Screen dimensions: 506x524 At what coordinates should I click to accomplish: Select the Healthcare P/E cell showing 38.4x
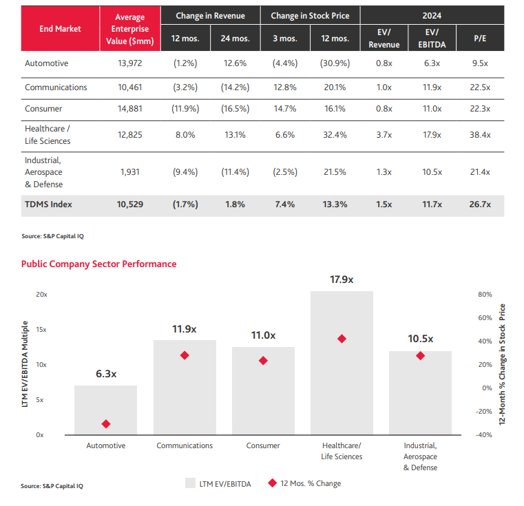(479, 135)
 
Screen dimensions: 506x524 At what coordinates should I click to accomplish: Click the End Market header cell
(60, 29)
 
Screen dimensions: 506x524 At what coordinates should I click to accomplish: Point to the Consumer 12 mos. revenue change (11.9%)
(185, 108)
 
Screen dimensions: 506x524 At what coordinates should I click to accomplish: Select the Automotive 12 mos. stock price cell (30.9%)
(335, 63)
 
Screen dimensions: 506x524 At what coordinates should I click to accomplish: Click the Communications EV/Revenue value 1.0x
(384, 87)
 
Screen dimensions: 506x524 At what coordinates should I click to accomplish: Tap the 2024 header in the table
(432, 15)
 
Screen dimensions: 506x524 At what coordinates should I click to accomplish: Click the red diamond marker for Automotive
(105, 424)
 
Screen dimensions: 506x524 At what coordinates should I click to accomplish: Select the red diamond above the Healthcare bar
(342, 339)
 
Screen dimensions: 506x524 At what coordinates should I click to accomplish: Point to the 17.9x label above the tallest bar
(342, 280)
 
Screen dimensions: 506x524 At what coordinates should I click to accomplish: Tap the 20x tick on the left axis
(42, 294)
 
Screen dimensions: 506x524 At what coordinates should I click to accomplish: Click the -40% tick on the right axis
(484, 435)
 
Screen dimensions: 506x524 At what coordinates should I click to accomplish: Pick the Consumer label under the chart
(263, 445)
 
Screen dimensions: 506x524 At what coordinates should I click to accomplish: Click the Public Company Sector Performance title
(98, 264)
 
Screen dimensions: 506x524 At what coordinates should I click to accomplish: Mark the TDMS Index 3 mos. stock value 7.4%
(284, 204)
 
